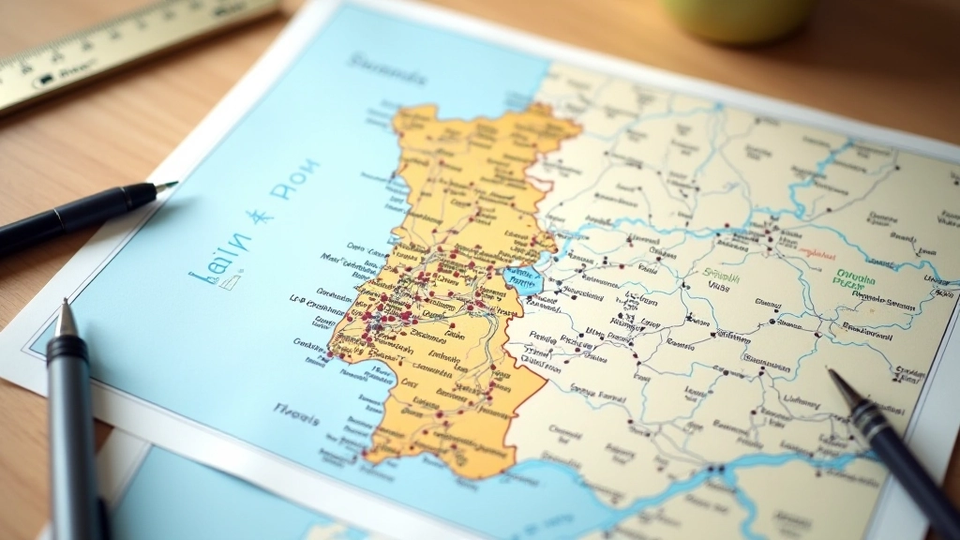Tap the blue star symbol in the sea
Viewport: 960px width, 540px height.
pyautogui.click(x=260, y=217)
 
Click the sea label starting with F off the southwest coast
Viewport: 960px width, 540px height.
pyautogui.click(x=295, y=411)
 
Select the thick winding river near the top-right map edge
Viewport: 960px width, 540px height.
pyautogui.click(x=816, y=173)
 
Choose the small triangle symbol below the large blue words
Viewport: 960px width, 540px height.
pyautogui.click(x=235, y=278)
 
